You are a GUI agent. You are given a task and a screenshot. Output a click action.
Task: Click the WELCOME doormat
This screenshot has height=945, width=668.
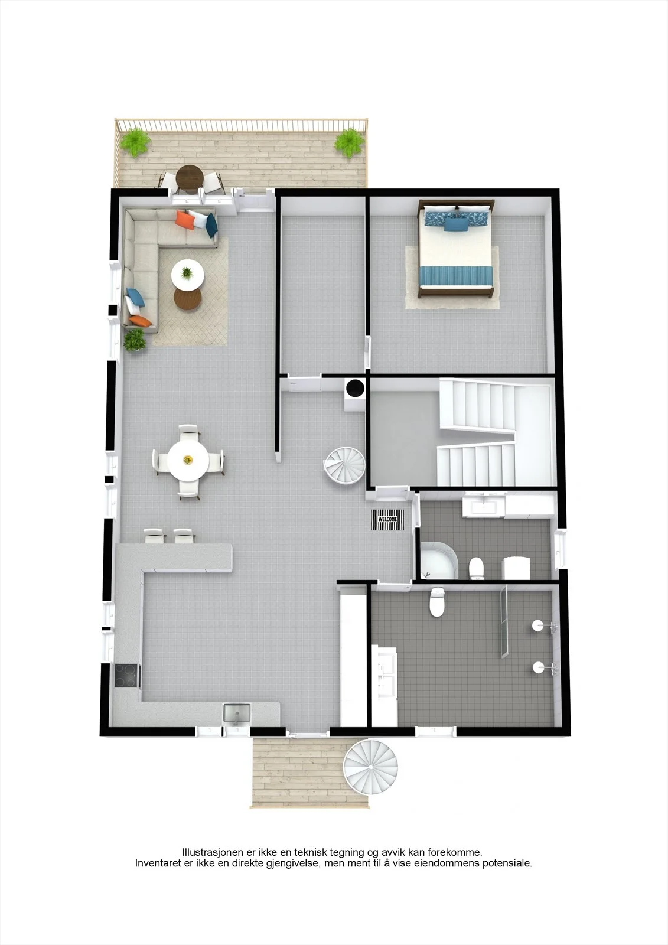pos(387,519)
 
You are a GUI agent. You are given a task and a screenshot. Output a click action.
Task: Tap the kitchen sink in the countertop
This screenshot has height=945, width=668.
pos(237,713)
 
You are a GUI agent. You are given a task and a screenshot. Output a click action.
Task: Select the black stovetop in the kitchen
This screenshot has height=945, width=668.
pos(127,676)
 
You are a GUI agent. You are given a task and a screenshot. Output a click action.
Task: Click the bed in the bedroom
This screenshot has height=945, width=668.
pos(456,249)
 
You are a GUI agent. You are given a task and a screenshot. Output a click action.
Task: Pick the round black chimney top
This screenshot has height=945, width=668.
pos(356,387)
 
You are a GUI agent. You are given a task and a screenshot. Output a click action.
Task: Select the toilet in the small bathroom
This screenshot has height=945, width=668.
pos(477,568)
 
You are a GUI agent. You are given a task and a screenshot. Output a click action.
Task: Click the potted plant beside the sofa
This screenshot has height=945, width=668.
pos(135,340)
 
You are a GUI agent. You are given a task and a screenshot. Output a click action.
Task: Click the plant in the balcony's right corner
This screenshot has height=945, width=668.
pos(350,143)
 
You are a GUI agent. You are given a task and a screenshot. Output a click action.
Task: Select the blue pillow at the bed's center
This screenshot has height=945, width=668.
pos(456,225)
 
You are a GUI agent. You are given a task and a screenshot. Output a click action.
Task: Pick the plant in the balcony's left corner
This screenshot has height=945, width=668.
pos(135,142)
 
